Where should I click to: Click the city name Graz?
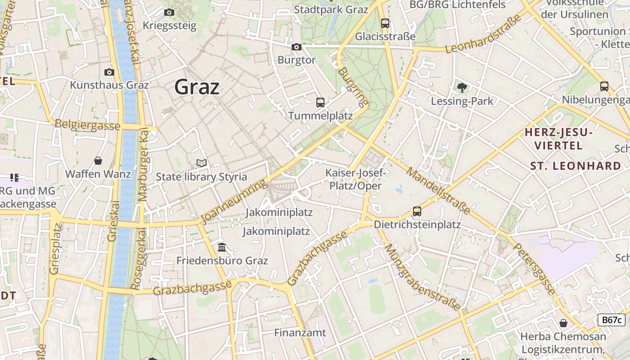[197, 87]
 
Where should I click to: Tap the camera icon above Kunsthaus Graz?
[109, 72]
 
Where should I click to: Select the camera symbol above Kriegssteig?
[169, 12]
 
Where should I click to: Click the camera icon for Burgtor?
[296, 47]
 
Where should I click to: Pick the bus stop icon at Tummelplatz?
[320, 103]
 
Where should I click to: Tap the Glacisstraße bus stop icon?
[385, 23]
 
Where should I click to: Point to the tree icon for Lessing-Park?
[462, 88]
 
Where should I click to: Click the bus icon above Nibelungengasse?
[604, 86]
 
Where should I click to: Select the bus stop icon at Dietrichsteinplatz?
[417, 211]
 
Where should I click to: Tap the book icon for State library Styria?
[202, 163]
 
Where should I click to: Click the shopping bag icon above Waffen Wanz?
[98, 160]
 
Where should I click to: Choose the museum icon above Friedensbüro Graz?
[222, 247]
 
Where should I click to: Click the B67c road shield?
[612, 320]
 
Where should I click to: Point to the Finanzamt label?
[300, 333]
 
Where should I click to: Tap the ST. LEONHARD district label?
[576, 166]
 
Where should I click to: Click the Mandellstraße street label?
[438, 190]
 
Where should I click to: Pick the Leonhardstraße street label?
[484, 34]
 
